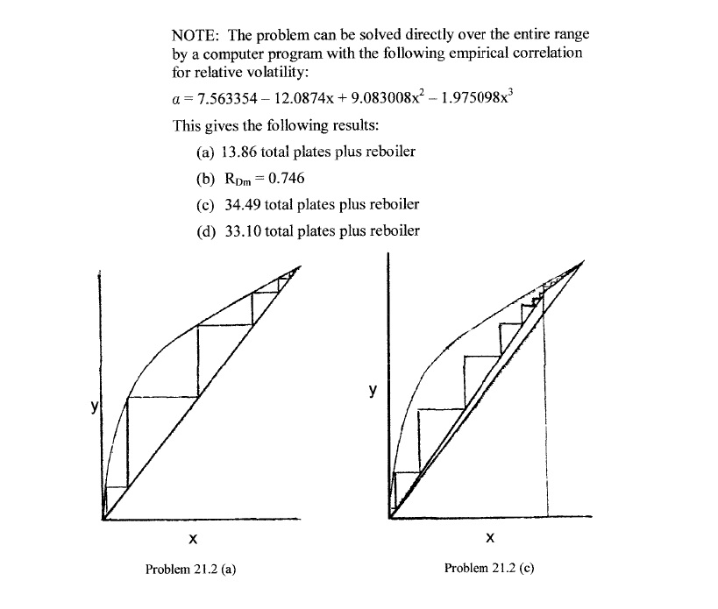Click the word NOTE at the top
click(193, 34)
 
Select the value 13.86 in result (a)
click(232, 152)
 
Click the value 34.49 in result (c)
click(234, 204)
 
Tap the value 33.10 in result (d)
click(234, 231)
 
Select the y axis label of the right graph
click(373, 390)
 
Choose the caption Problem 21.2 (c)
click(489, 568)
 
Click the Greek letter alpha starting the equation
click(177, 99)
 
